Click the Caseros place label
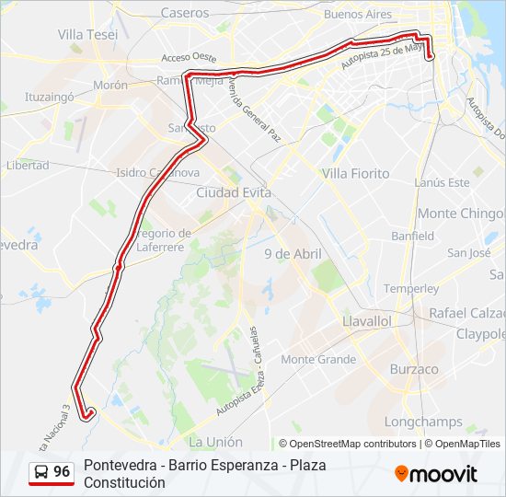coord(185,13)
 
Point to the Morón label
coord(109,86)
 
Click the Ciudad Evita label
coord(234,193)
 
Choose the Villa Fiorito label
coord(355,173)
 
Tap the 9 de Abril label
coord(292,254)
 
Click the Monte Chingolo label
coord(461,214)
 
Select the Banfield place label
coord(412,237)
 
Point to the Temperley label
coord(411,289)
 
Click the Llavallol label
coord(366,321)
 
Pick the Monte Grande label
coord(318,360)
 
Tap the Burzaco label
coord(414,369)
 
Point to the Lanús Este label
coord(442,183)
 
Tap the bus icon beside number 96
coord(40,473)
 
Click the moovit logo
coord(436,474)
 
